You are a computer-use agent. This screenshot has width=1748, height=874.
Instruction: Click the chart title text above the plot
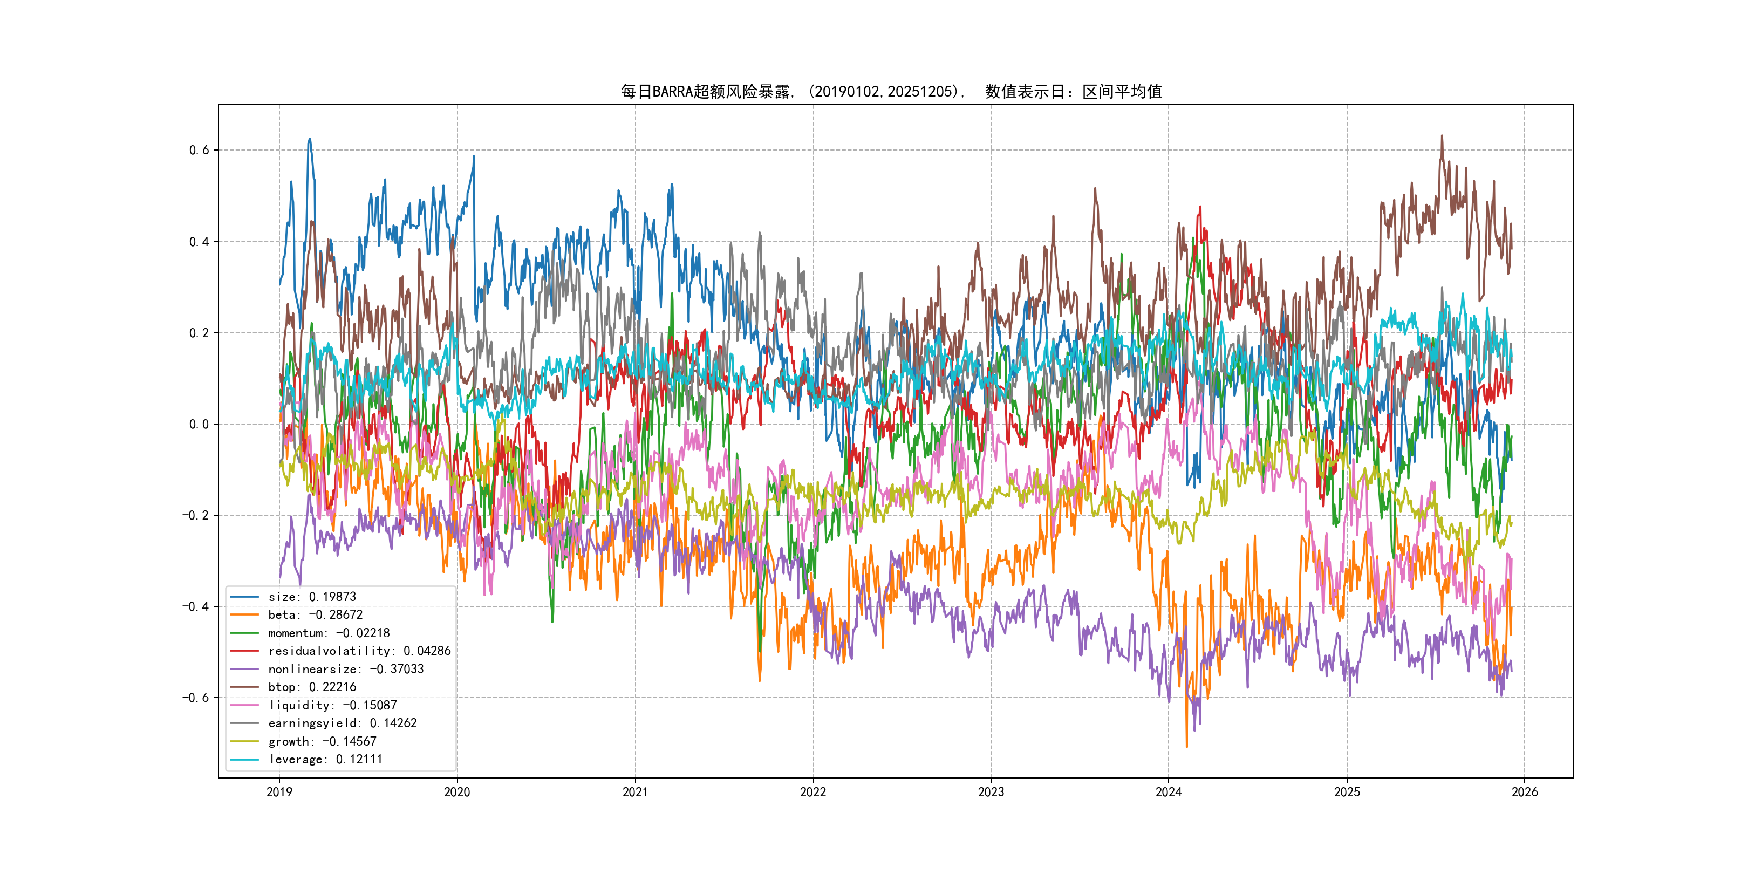(891, 92)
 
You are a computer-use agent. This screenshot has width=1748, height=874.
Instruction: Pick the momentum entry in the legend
(329, 633)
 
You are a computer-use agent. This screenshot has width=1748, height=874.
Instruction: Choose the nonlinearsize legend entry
(345, 669)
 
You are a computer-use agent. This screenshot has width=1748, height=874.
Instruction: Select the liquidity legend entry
(332, 705)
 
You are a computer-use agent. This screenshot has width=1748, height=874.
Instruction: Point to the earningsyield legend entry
(342, 723)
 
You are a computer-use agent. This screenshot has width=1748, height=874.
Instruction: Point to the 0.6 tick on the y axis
(199, 150)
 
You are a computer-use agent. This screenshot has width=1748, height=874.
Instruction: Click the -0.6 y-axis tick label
(195, 698)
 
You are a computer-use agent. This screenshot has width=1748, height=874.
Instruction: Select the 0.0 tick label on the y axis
(199, 424)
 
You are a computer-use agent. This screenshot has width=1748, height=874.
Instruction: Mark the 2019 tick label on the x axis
(279, 792)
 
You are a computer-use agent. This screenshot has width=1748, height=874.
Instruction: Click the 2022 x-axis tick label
(813, 792)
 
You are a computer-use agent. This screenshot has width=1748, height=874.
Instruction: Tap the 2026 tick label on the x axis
(1525, 792)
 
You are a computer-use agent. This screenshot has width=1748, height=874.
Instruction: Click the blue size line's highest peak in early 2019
(310, 139)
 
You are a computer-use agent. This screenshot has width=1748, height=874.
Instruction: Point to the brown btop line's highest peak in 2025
(1442, 136)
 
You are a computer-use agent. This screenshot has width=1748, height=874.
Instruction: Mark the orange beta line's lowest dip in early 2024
(1187, 747)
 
